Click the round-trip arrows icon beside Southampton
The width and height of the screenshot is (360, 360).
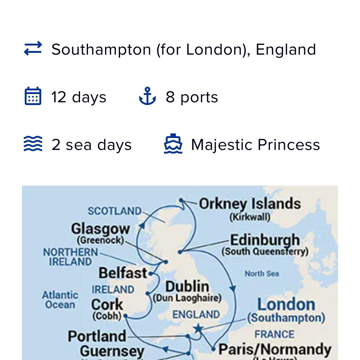pos(33,49)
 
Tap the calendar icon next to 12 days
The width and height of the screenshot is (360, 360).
pos(33,96)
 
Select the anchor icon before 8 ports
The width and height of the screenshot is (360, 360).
pos(147,96)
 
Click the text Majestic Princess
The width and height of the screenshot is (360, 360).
pos(255,144)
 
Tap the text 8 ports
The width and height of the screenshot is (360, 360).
pos(192,97)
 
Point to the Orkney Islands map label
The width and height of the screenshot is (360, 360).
pos(250,204)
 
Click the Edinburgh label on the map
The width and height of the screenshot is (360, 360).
pos(265,240)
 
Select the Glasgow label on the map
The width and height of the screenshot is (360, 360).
pos(100,229)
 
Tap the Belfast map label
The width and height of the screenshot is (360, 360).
pos(123,273)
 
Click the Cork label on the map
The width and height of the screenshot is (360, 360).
pos(107,304)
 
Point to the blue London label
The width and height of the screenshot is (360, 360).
pos(286,304)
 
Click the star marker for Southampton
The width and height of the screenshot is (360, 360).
pos(198,329)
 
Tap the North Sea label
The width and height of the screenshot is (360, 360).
pos(262,274)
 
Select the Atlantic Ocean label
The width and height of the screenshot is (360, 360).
pos(60,300)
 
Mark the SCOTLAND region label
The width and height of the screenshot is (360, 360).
pos(115,211)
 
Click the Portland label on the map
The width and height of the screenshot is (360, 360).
pos(97,336)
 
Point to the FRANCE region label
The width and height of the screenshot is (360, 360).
pos(274,334)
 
